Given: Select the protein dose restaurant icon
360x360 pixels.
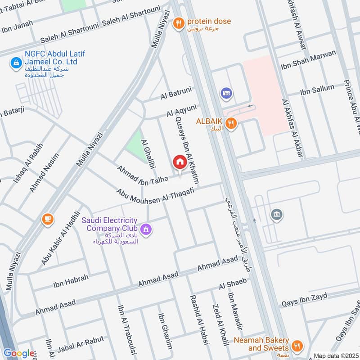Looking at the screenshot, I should point(179,23).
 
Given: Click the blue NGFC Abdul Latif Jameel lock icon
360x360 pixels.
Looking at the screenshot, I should point(16,63).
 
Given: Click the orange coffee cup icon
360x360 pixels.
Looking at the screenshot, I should point(47,219).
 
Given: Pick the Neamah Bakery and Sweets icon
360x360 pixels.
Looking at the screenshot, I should point(297,346).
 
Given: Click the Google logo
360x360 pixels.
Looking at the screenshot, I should point(19,353).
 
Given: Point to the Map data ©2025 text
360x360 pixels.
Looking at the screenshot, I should point(336,355).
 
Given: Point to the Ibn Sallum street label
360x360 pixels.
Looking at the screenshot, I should point(317,90).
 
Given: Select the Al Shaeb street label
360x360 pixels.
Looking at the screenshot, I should point(233,283).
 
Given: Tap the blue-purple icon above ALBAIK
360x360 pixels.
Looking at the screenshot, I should point(225,94).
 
